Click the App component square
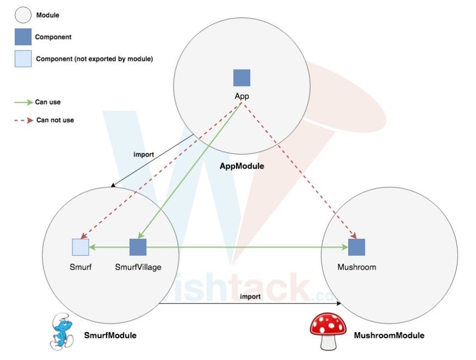(242, 78)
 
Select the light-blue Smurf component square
(81, 247)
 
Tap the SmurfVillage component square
(138, 247)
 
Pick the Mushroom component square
(356, 247)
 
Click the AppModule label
(242, 166)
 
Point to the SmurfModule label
(110, 336)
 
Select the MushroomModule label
(389, 336)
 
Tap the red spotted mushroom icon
(328, 331)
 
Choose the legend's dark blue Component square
(23, 37)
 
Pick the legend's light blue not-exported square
(23, 58)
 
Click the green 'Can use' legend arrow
(23, 102)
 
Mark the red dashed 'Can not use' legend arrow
(23, 120)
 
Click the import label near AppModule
(144, 154)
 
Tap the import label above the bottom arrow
(250, 296)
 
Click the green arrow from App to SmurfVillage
(190, 171)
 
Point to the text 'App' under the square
(242, 96)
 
